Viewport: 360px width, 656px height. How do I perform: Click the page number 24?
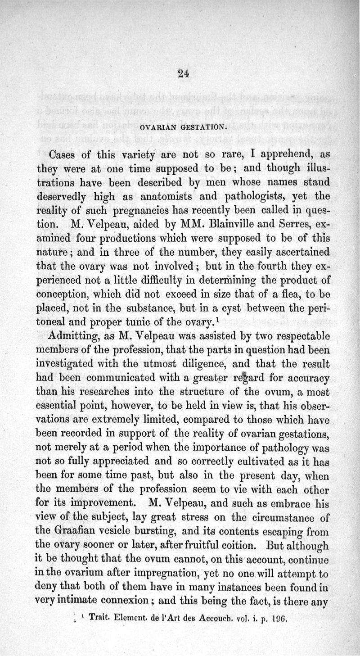click(x=183, y=74)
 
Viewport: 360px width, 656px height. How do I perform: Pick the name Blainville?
click(x=228, y=222)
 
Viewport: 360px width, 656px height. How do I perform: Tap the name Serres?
click(x=284, y=222)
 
